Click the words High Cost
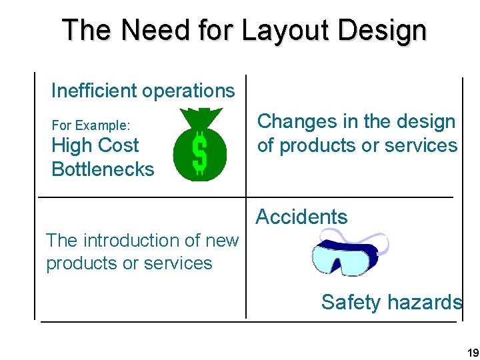click(x=95, y=145)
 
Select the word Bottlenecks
click(x=103, y=169)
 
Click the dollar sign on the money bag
click(x=199, y=152)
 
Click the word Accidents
click(x=301, y=217)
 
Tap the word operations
click(x=195, y=91)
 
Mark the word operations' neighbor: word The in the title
click(x=85, y=31)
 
